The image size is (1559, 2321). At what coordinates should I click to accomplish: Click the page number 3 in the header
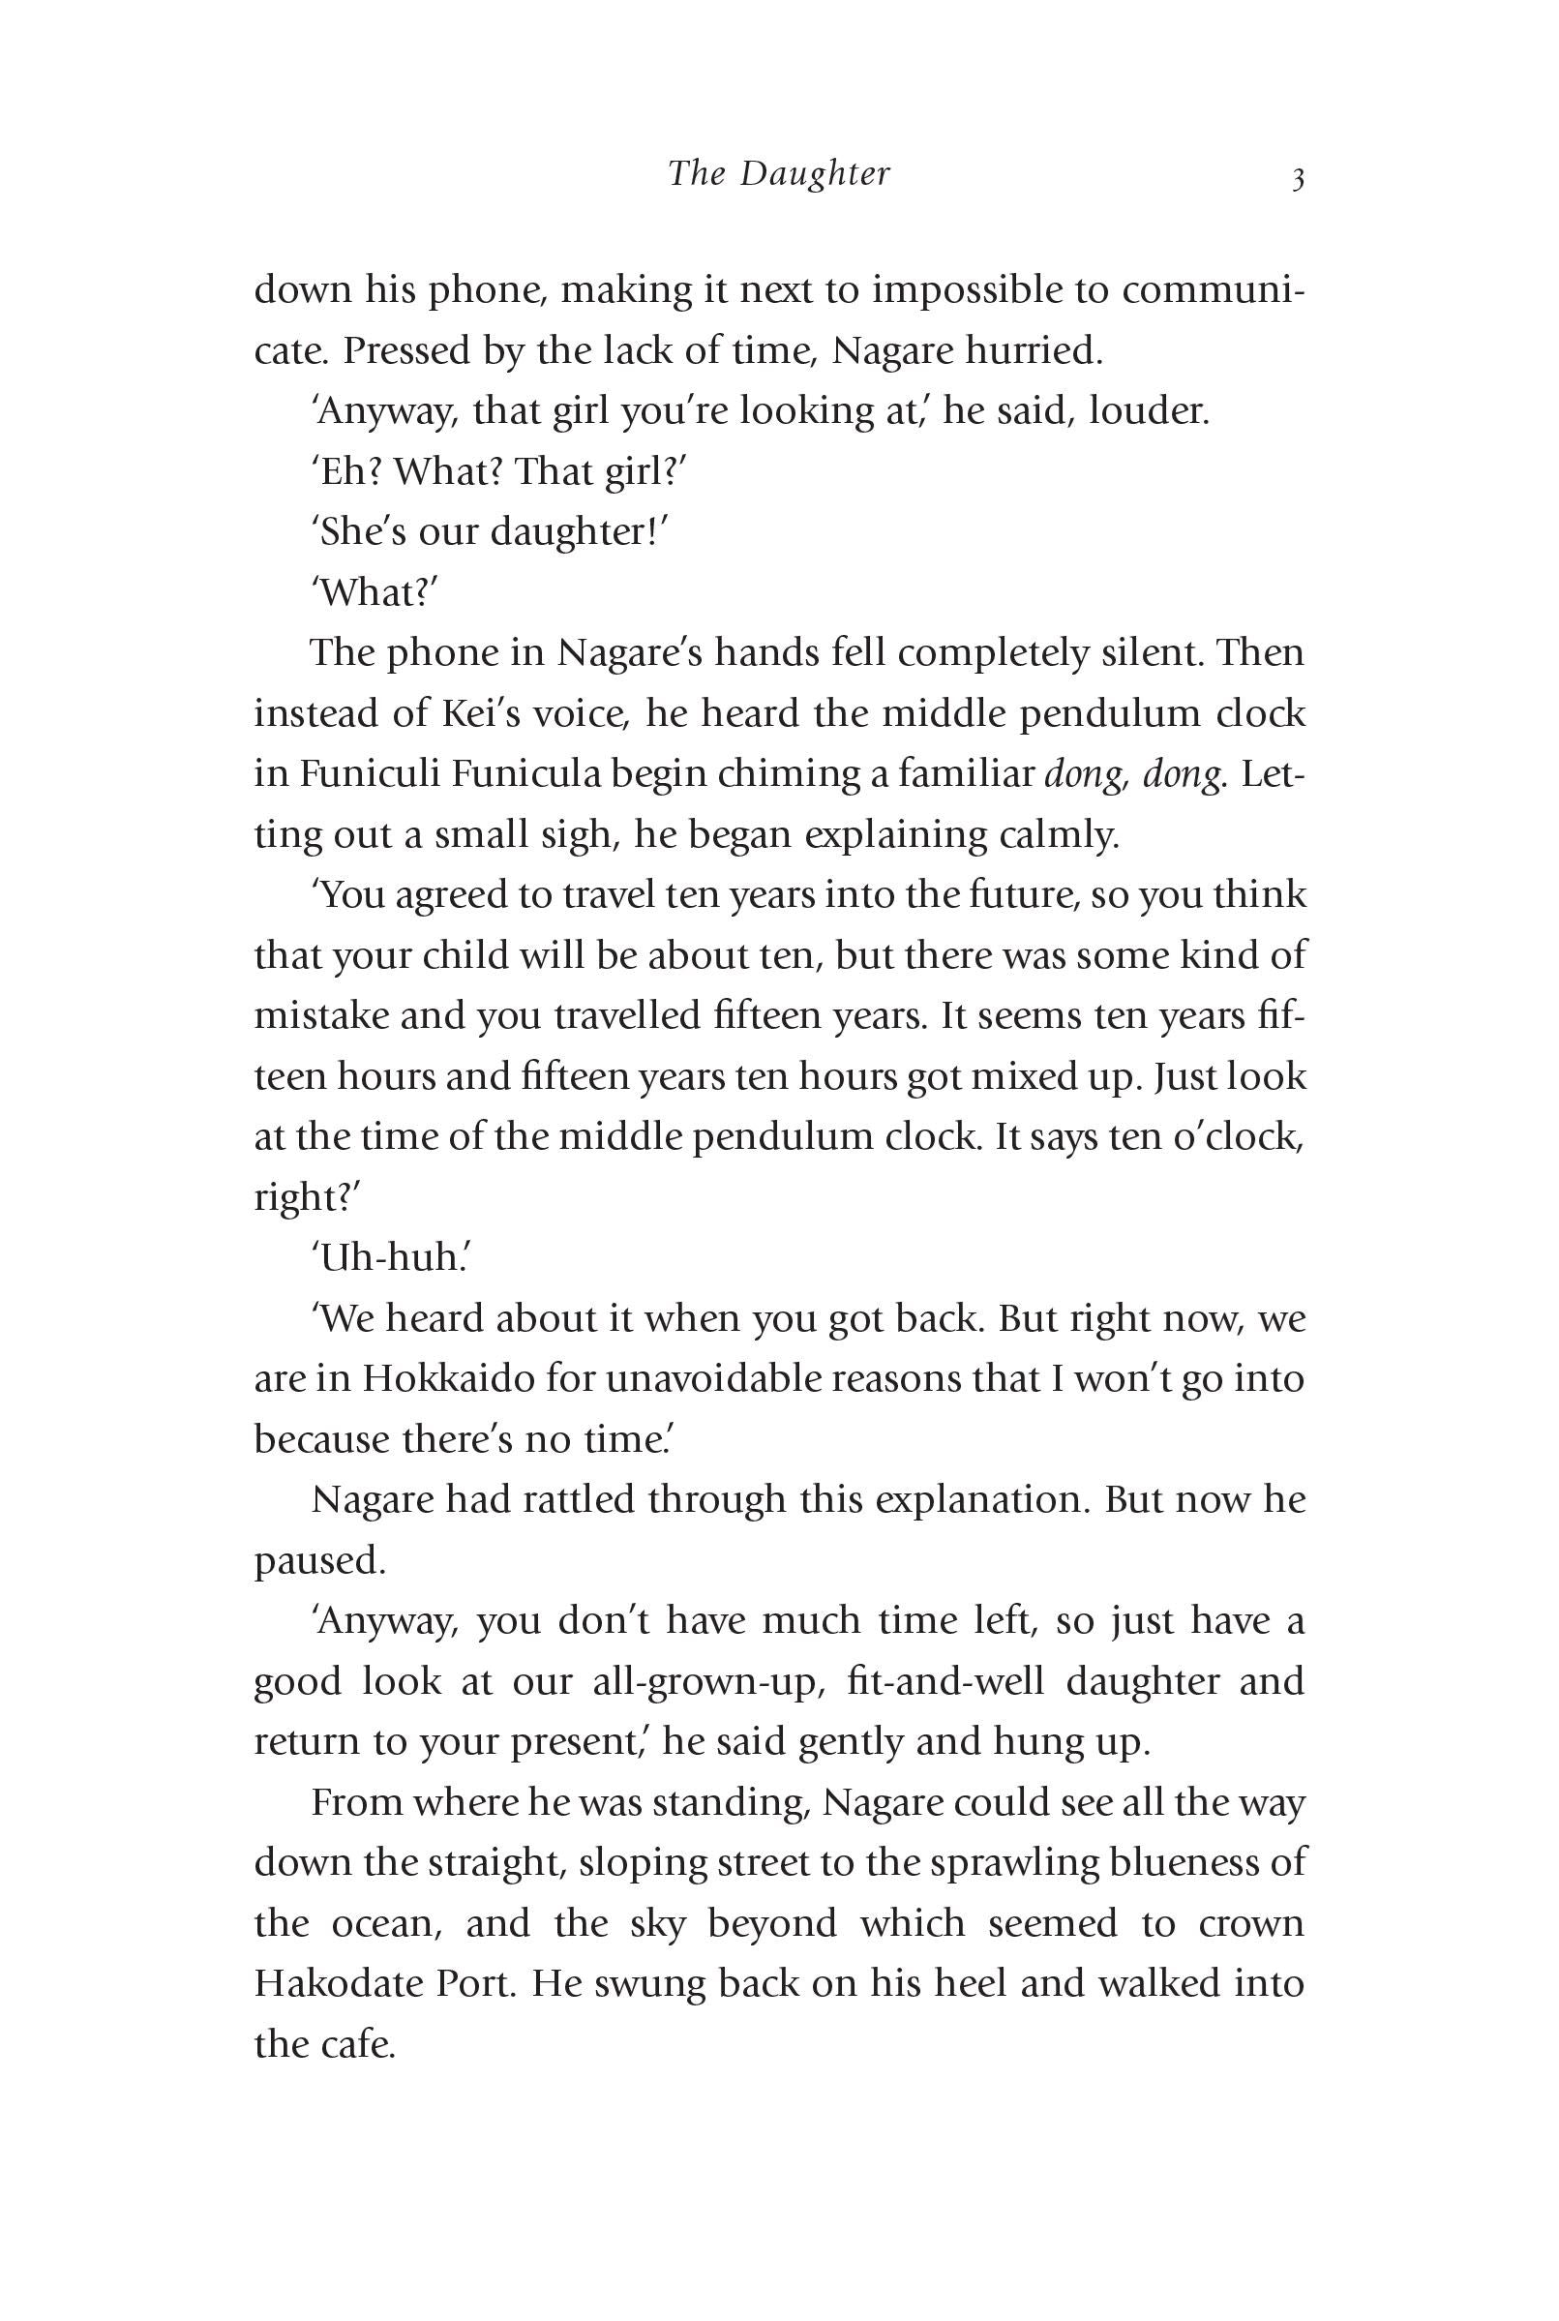1297,180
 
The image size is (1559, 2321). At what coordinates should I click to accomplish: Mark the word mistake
325,1016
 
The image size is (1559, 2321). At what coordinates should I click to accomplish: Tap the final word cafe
358,2044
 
